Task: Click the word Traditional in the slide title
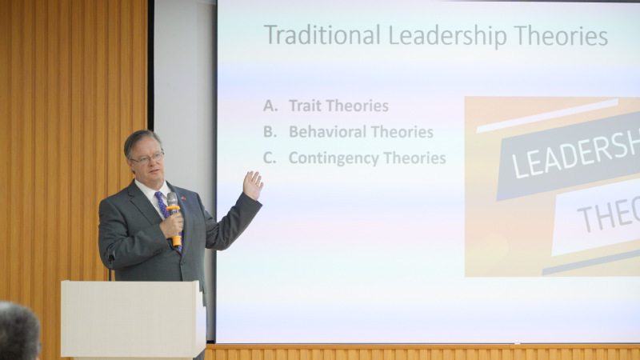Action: point(322,34)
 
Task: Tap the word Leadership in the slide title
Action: point(447,36)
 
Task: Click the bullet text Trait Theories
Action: point(338,106)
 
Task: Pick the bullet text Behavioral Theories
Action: point(362,132)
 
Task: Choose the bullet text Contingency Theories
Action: point(367,158)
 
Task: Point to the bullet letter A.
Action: point(270,106)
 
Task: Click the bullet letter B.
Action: point(270,132)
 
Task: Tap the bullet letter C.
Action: point(270,158)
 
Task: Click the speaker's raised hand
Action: point(253,186)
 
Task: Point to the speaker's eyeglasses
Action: point(148,158)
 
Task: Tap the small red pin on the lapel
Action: point(183,198)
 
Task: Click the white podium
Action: point(134,319)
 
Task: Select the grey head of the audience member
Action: point(19,331)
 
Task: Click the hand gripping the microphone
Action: point(172,225)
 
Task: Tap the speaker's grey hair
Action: point(141,141)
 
